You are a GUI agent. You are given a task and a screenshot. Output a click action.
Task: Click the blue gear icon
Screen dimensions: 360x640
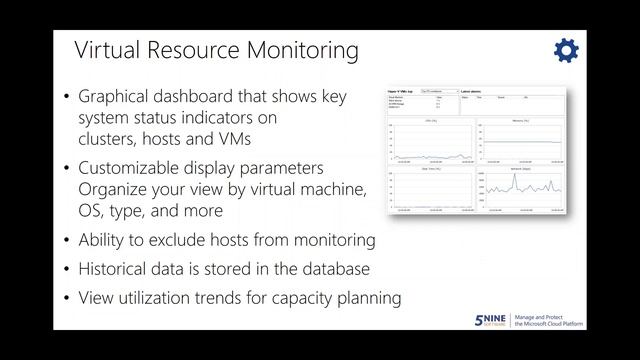tap(565, 51)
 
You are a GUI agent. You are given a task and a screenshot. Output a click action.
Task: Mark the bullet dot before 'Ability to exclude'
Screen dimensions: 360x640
tap(66, 241)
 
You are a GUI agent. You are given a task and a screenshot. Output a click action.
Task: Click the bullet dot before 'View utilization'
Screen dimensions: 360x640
tap(66, 298)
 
